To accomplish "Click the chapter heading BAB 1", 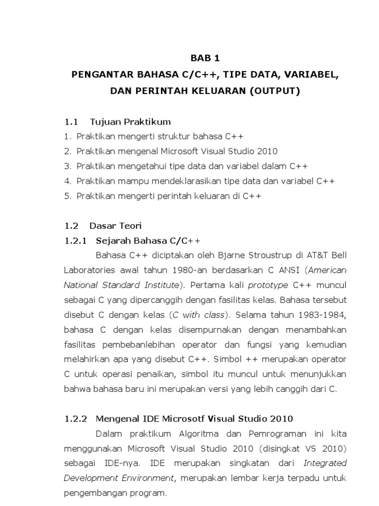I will coord(205,58).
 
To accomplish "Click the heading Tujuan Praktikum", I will coord(130,122).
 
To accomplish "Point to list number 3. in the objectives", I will coord(68,166).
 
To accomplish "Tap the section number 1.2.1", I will coord(76,241).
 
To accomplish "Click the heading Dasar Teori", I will coord(115,226).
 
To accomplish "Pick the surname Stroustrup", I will coord(263,255).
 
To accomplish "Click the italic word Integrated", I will coord(325,463).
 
